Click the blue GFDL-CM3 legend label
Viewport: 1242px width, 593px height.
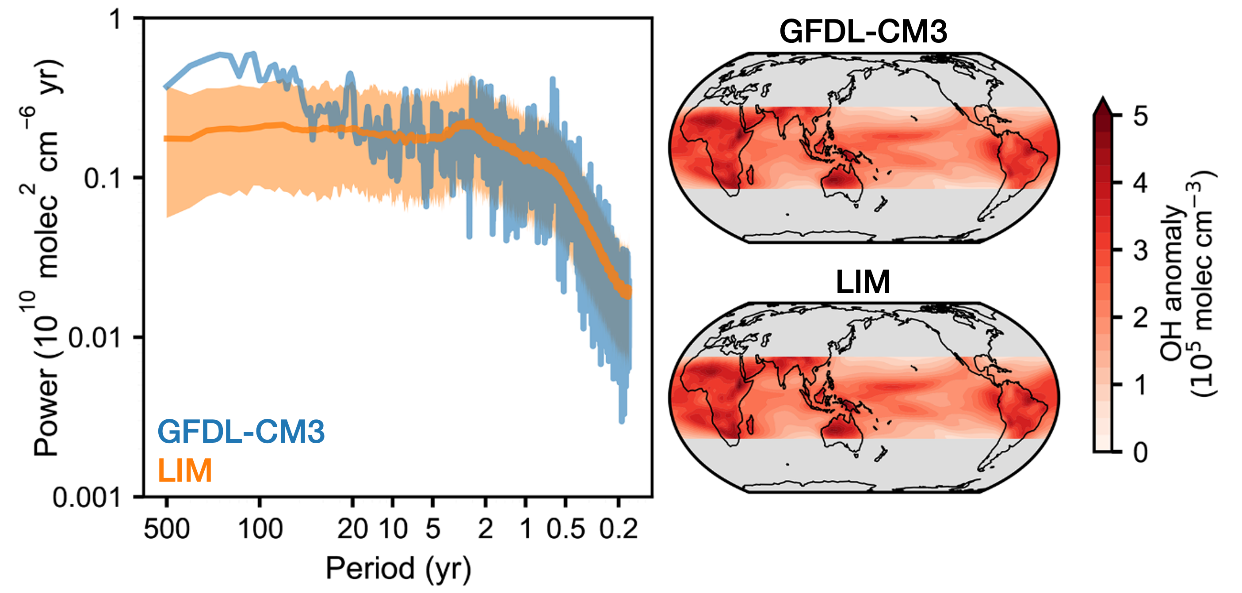pyautogui.click(x=241, y=432)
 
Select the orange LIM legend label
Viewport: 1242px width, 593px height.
pyautogui.click(x=185, y=470)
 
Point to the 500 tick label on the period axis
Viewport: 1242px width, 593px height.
pyautogui.click(x=166, y=529)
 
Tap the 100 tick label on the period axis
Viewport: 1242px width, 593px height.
pyautogui.click(x=260, y=529)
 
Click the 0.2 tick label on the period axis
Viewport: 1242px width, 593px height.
pyautogui.click(x=619, y=529)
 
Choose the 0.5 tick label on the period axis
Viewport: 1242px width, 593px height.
pyautogui.click(x=566, y=529)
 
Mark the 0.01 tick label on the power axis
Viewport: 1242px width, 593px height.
pyautogui.click(x=95, y=338)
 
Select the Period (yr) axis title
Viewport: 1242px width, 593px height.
pyautogui.click(x=398, y=568)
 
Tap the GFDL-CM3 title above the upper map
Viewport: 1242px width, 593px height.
pyautogui.click(x=863, y=32)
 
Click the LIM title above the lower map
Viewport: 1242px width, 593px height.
pyautogui.click(x=863, y=282)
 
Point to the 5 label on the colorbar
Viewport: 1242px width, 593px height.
pyautogui.click(x=1141, y=117)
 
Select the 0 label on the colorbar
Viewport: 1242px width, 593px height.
pyautogui.click(x=1141, y=452)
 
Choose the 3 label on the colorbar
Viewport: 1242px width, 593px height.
pyautogui.click(x=1141, y=251)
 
